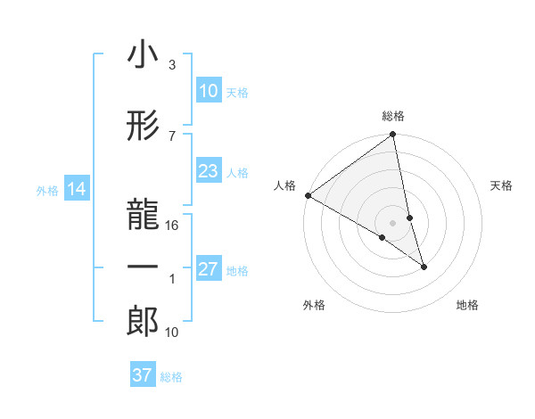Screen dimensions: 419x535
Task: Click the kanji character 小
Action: pos(143,57)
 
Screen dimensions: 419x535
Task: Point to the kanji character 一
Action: pos(143,266)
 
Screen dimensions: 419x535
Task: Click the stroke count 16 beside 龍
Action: pos(173,226)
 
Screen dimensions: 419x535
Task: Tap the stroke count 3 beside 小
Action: pos(172,66)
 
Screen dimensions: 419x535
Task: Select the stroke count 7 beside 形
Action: pos(172,136)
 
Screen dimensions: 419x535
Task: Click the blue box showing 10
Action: pos(208,91)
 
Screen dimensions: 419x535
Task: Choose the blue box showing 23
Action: pos(208,172)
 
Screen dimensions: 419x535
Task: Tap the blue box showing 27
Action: pos(208,270)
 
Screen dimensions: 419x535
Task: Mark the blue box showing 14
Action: pos(76,189)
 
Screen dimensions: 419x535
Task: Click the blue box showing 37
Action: pos(142,375)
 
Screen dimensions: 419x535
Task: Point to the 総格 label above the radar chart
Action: pos(393,116)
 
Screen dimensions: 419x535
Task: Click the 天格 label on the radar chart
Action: pos(501,185)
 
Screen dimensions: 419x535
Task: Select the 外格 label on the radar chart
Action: pos(314,305)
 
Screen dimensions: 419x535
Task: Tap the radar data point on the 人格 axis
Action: pos(308,195)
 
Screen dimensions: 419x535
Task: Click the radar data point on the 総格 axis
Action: pos(393,136)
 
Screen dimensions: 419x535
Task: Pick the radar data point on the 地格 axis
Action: pos(424,267)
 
